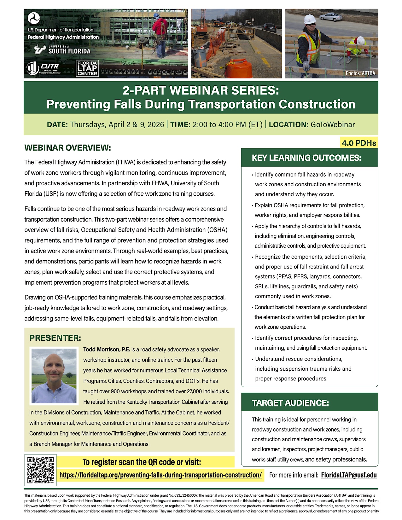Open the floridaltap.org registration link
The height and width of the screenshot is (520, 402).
[160, 475]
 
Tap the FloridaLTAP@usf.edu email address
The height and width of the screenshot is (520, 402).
[349, 475]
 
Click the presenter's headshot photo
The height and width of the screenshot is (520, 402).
[54, 376]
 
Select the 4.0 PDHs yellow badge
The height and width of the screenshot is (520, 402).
[359, 143]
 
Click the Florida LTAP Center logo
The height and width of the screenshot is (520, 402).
[87, 68]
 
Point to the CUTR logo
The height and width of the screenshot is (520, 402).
[43, 68]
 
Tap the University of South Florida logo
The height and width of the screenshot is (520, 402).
[62, 49]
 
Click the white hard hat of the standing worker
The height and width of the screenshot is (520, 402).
[310, 19]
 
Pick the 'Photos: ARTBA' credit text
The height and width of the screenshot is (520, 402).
[360, 73]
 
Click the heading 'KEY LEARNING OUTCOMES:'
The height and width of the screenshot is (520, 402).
[306, 158]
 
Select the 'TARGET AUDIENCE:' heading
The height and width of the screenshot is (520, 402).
[290, 403]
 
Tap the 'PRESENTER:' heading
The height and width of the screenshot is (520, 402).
[55, 338]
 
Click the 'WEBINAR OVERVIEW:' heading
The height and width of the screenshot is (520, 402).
[68, 148]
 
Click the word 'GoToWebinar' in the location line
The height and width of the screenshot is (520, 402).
[333, 124]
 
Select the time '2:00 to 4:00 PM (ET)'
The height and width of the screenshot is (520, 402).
[227, 124]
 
